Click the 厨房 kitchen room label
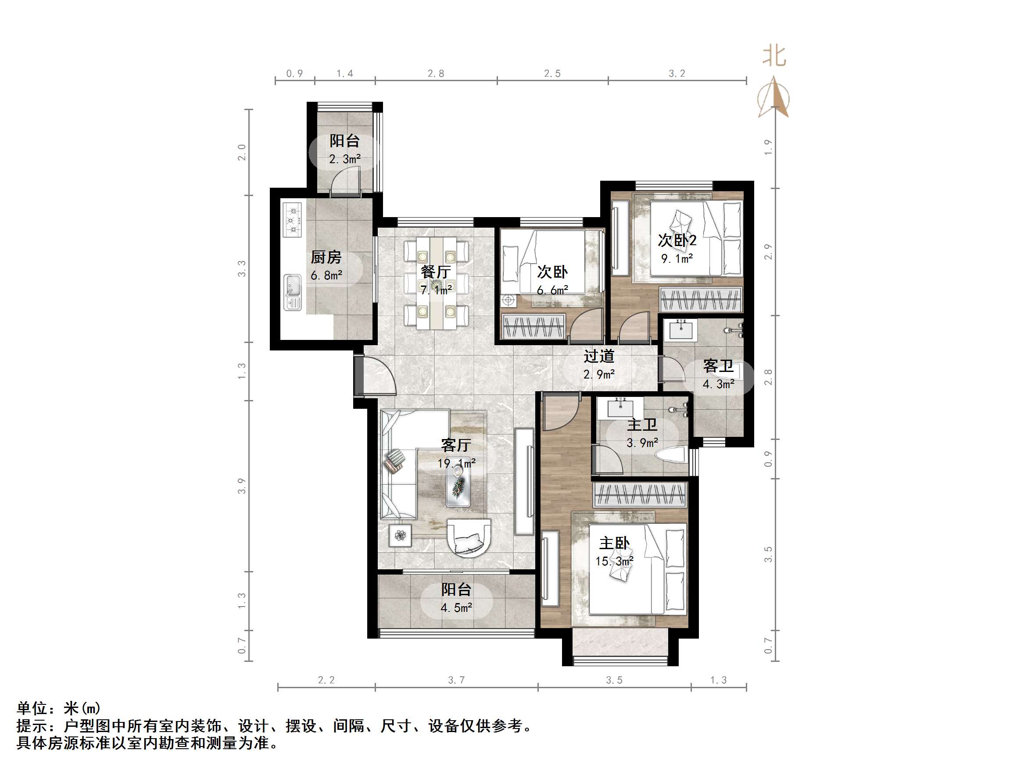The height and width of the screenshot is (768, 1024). (326, 257)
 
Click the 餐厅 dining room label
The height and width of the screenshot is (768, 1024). (435, 272)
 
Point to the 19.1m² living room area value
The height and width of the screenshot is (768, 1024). (456, 463)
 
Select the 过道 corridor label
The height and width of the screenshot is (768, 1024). (598, 356)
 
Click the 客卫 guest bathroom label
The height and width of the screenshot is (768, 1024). (718, 366)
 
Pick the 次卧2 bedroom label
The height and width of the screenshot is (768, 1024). (677, 240)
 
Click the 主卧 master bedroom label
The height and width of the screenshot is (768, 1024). (614, 543)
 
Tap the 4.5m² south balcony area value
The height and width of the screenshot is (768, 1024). (456, 608)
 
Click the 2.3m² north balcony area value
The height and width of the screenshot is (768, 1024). (344, 159)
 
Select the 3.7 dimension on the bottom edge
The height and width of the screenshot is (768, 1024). (456, 680)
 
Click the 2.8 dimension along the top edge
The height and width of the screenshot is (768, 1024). (436, 74)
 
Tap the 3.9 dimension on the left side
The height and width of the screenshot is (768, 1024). (242, 486)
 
